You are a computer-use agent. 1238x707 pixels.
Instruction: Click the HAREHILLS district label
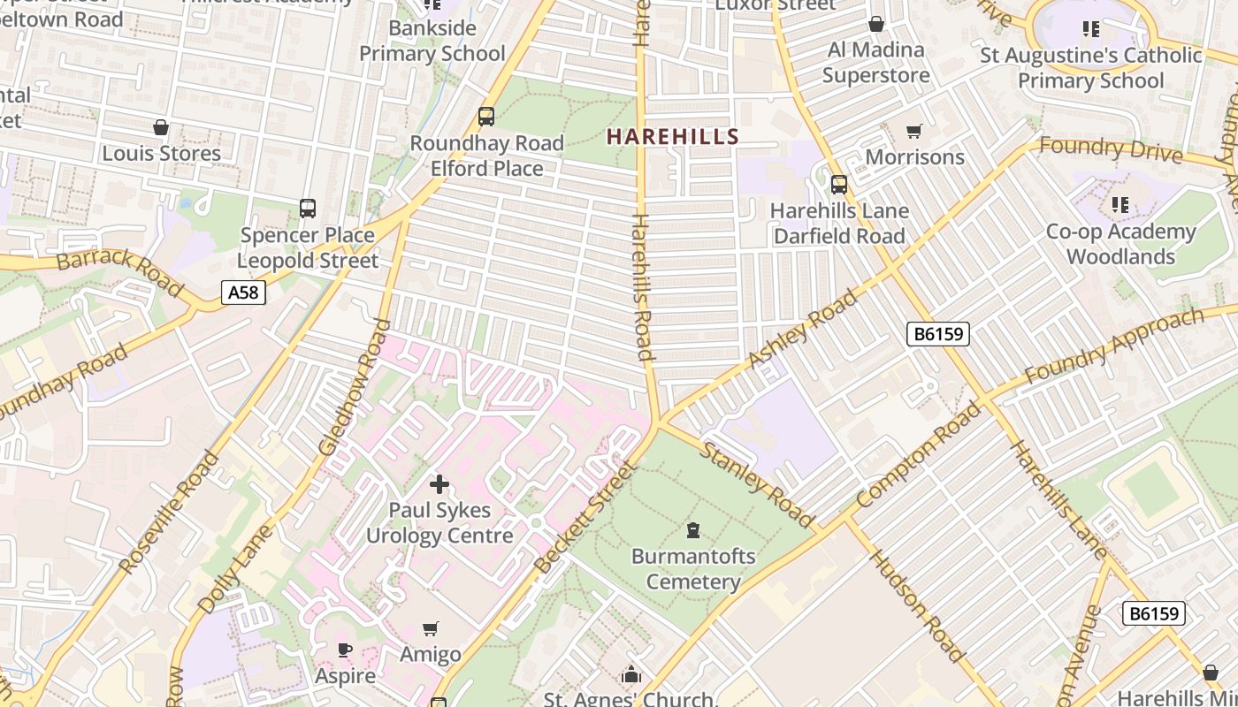click(672, 137)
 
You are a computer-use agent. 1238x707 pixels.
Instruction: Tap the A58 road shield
click(243, 293)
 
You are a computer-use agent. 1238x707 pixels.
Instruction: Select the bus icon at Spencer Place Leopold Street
click(308, 209)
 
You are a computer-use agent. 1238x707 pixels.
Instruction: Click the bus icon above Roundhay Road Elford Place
click(485, 116)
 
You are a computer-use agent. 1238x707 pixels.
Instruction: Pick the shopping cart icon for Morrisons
click(914, 131)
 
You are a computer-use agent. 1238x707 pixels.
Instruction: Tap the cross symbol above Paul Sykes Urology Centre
click(439, 484)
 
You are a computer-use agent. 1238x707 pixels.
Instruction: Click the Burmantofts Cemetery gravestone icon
click(693, 530)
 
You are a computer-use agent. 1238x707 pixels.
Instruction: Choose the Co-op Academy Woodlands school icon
click(1120, 205)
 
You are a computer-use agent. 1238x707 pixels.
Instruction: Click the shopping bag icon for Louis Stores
click(161, 128)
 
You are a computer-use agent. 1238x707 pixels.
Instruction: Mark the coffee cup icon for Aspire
click(345, 650)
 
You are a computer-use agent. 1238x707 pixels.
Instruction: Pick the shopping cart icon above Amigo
click(431, 628)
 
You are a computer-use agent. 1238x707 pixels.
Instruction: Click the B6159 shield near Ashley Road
click(938, 333)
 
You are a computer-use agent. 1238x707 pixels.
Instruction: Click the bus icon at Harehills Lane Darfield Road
click(838, 185)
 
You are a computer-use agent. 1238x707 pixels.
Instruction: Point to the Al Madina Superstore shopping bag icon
click(876, 24)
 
